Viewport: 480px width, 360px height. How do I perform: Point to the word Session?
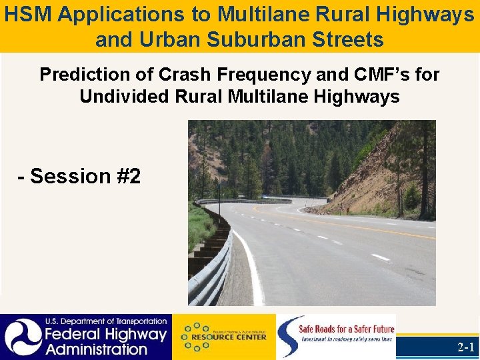pos(73,176)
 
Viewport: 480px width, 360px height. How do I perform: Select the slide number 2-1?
pos(465,347)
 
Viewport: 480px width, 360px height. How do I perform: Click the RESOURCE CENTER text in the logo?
pos(233,337)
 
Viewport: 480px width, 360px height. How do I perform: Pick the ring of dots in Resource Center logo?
pos(195,337)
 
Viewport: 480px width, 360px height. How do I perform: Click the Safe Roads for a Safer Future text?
pos(346,329)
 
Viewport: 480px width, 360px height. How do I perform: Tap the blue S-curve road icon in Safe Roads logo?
pos(288,337)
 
